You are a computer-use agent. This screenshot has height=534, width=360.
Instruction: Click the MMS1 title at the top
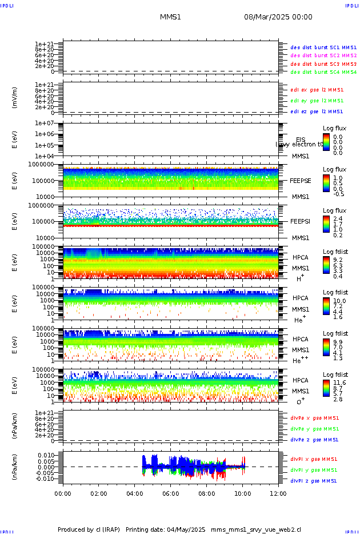coord(170,17)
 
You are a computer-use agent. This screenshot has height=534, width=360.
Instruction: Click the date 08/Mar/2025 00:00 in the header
coord(278,17)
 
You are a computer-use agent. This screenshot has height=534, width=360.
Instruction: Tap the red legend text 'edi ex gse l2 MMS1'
coord(317,90)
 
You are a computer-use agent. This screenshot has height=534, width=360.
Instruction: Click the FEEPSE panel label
coord(300,180)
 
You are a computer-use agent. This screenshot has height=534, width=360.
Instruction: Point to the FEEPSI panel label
coord(300,221)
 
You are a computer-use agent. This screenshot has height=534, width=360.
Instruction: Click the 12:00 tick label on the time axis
coord(278,493)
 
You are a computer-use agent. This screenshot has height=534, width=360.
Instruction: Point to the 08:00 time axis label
coord(206,493)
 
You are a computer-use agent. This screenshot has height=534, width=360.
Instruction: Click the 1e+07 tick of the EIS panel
coord(44,123)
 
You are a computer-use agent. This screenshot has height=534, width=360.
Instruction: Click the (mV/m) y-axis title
coord(15,97)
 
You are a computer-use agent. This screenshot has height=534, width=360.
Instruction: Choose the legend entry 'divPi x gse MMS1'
coord(314,459)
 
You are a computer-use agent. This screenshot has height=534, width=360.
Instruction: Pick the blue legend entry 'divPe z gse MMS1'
coord(315,440)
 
